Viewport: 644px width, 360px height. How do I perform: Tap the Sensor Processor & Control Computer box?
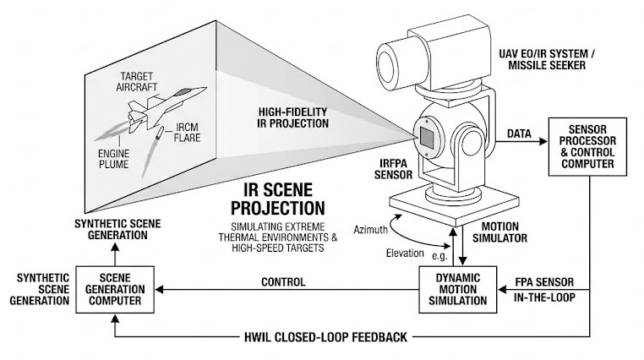coord(583,146)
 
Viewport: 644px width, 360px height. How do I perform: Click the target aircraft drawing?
coord(161,108)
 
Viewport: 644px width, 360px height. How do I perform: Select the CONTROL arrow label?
coord(282,281)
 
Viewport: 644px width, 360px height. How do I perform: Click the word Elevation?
coord(404,252)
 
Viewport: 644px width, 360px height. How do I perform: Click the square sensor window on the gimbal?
coord(428,136)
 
